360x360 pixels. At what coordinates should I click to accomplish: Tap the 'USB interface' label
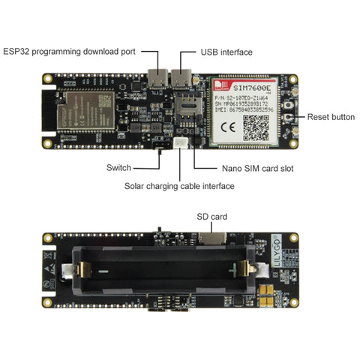[226, 53]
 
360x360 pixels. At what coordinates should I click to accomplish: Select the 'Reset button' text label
[331, 118]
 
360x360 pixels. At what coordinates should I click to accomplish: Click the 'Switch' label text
[119, 167]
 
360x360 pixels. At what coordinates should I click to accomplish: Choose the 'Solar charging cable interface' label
[179, 186]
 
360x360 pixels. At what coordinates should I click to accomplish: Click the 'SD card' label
[211, 217]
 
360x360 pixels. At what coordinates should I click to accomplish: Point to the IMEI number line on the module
[250, 109]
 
